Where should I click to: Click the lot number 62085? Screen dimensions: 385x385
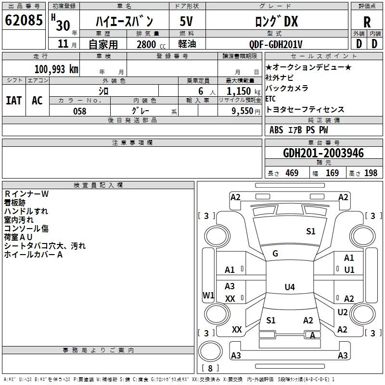point(24,20)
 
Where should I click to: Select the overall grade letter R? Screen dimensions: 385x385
point(367,22)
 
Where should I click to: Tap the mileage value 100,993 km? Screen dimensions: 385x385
point(56,69)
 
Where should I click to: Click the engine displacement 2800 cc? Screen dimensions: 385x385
point(151,44)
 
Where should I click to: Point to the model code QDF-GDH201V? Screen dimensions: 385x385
point(275,44)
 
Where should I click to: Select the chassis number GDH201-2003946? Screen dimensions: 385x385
point(323,153)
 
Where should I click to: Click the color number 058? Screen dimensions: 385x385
point(80,111)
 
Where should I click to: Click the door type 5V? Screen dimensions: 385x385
point(186,21)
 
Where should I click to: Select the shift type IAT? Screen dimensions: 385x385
point(13,101)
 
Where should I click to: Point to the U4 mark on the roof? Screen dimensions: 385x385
point(290,287)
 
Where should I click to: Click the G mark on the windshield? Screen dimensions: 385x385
point(275,254)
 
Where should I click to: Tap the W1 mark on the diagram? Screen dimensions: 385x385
point(208,295)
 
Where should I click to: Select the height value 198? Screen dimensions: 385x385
point(371,173)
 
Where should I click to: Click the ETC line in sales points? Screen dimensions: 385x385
point(270,99)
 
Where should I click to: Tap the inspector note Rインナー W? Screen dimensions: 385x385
point(26,194)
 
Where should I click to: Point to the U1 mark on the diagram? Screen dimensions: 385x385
point(349,270)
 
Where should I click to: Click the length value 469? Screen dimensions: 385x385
point(292,173)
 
